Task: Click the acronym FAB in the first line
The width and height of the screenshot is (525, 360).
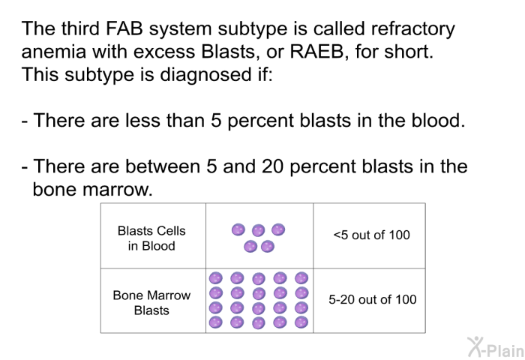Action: coord(124,28)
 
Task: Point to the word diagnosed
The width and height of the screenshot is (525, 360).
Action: coord(205,75)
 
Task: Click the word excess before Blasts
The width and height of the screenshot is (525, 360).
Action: coord(164,52)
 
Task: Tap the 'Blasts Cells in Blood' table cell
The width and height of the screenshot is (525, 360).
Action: coord(151,238)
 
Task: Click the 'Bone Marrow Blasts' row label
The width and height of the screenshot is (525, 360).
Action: coord(151,303)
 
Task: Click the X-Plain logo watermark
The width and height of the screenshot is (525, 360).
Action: coord(496,347)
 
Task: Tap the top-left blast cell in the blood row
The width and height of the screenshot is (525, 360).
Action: coord(238,229)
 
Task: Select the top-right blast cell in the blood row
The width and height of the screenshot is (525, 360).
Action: coord(278,229)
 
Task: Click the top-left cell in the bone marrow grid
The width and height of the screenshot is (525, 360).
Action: coord(216,278)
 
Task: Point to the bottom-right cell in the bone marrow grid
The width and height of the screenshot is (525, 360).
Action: coord(301,322)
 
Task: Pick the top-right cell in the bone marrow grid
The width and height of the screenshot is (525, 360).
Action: coord(301,278)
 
